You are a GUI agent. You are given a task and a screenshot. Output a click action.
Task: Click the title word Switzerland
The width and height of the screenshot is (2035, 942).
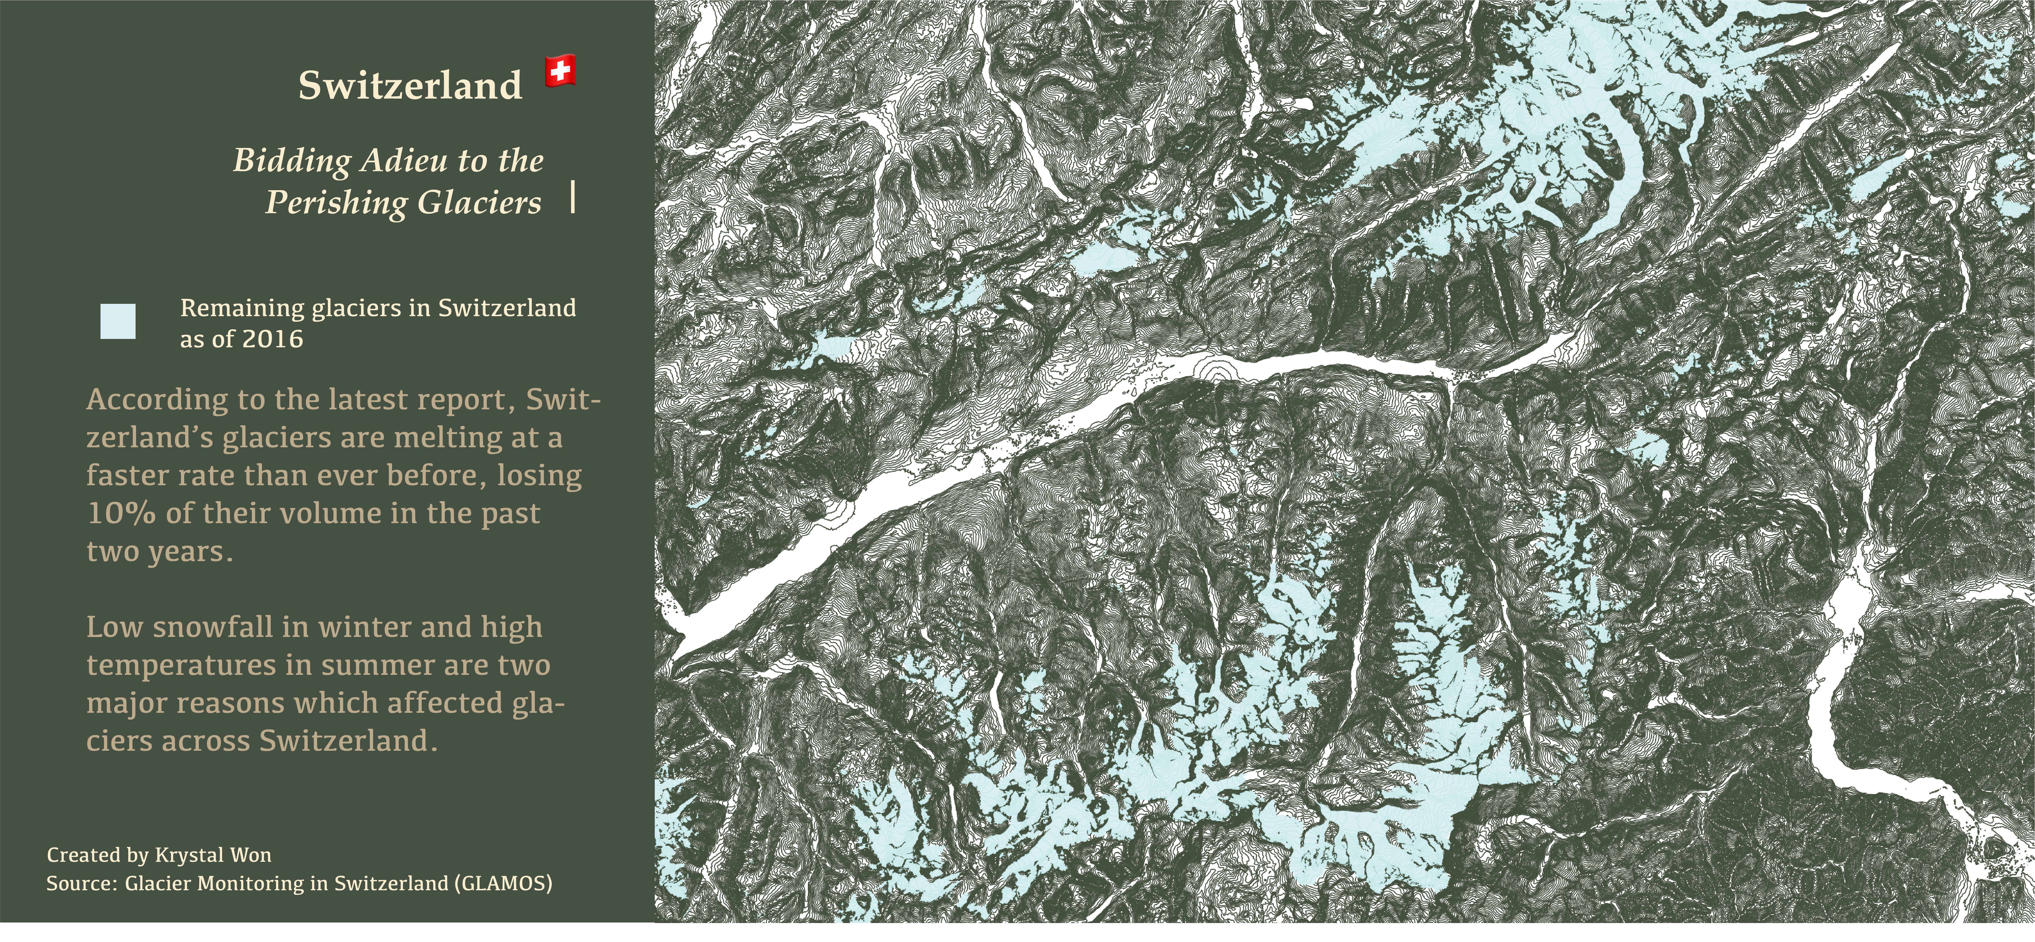pos(410,85)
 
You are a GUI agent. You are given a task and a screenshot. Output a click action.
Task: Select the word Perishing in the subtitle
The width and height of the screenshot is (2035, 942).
pos(336,202)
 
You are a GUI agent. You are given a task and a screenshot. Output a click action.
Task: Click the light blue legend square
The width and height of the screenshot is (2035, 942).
pos(118,322)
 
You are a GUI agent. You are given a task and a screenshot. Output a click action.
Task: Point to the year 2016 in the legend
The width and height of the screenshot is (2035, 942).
pos(273,339)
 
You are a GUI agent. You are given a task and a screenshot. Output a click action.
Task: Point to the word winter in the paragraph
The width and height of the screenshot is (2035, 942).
pos(363,627)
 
